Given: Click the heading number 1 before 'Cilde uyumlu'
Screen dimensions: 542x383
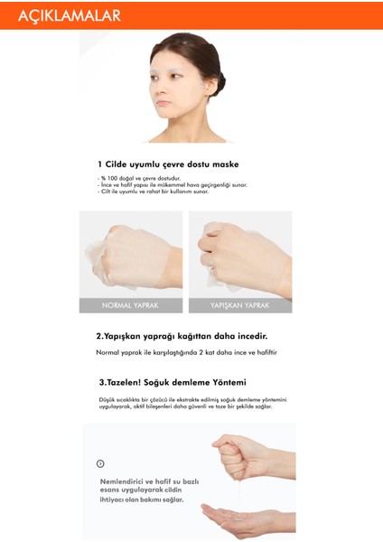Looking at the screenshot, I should (x=100, y=164).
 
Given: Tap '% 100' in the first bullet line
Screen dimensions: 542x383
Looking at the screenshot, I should (x=107, y=178).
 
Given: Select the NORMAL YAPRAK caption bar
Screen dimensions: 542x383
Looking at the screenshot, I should (x=131, y=305).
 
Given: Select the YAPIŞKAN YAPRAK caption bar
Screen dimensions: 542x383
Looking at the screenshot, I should (x=239, y=305).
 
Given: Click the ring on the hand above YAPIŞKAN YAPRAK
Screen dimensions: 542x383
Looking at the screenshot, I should (x=212, y=268).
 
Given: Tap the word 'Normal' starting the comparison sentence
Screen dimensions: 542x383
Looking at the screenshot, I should (x=108, y=351).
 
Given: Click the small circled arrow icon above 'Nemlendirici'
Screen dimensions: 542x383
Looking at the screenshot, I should (x=100, y=463).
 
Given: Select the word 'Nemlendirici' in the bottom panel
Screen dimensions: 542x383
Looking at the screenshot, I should (x=124, y=481).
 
